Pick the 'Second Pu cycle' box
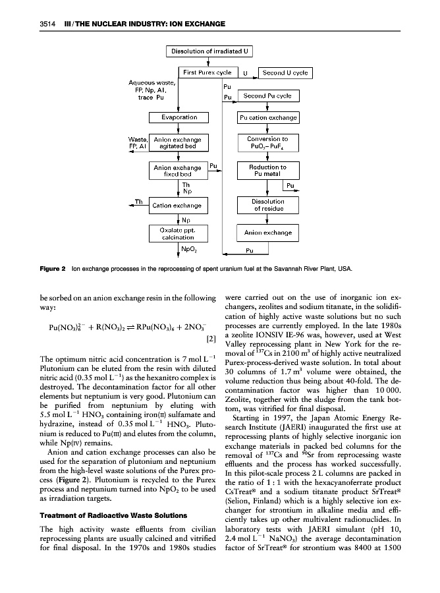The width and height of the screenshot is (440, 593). point(268,96)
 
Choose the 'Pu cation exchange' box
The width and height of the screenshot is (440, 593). point(268,118)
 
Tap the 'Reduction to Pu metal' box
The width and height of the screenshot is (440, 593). point(268,171)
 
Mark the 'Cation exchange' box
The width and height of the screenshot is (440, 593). point(177,206)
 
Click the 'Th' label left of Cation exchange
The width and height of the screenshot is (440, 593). point(140,202)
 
